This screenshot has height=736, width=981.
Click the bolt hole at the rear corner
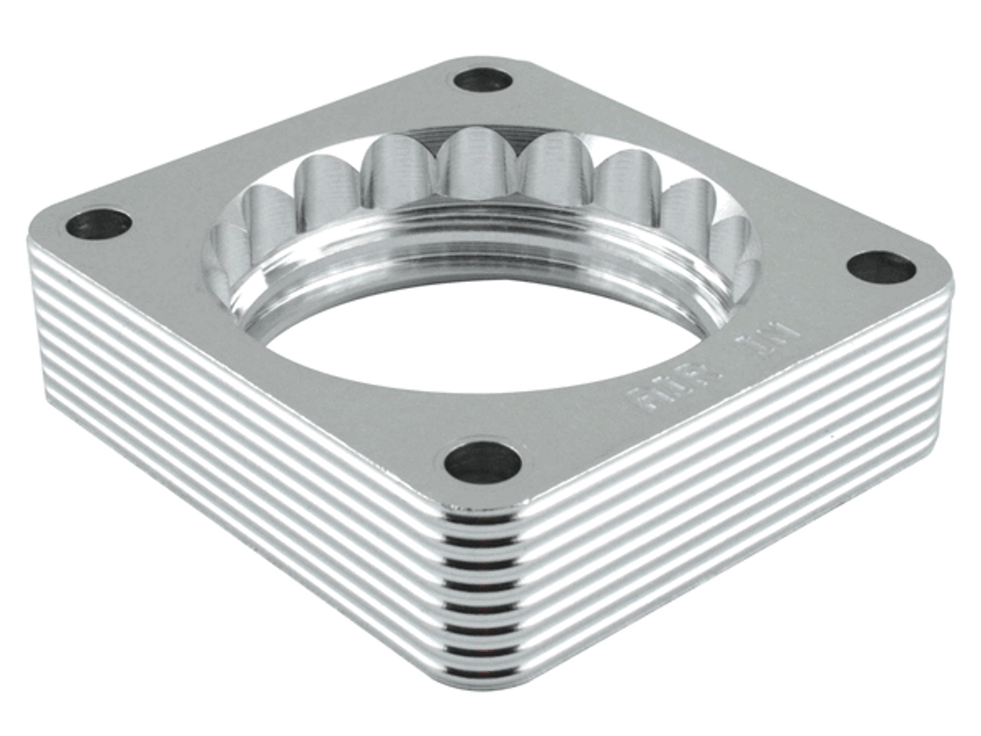(x=482, y=80)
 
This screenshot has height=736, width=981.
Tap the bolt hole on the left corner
(x=98, y=223)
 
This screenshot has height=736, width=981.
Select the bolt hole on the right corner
(x=880, y=267)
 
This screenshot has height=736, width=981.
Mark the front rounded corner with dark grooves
(x=482, y=597)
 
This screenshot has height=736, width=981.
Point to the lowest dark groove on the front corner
(x=482, y=672)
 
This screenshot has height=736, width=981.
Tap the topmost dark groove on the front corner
(x=482, y=518)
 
